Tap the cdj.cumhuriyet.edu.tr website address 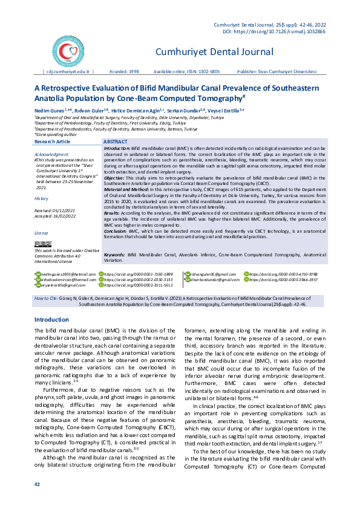[67, 71]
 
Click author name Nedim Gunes [48, 111]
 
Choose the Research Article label [53, 141]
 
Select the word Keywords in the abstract [115, 273]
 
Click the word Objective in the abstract [114, 178]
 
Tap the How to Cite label [47, 299]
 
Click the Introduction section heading [51, 319]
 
